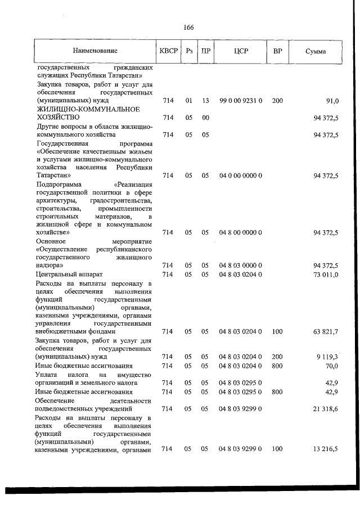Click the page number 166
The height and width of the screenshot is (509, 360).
coord(188,27)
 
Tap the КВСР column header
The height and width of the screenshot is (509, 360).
coord(168,51)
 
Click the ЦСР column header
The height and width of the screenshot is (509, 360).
coord(240,51)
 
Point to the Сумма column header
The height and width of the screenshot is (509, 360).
coord(316,51)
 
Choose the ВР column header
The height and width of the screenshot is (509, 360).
coord(277,51)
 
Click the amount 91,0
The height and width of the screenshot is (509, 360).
coord(332,101)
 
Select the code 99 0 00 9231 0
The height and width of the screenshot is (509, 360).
coord(240,101)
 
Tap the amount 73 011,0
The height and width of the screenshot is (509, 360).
coord(326,274)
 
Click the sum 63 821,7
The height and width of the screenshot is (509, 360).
coord(326,332)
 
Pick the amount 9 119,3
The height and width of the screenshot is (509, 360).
coord(327,357)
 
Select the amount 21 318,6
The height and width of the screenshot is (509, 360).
coord(326,408)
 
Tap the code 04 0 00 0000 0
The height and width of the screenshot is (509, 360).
coord(240,176)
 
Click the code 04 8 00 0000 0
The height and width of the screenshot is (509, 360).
coord(240,232)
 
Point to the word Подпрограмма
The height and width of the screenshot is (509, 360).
coord(58,184)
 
